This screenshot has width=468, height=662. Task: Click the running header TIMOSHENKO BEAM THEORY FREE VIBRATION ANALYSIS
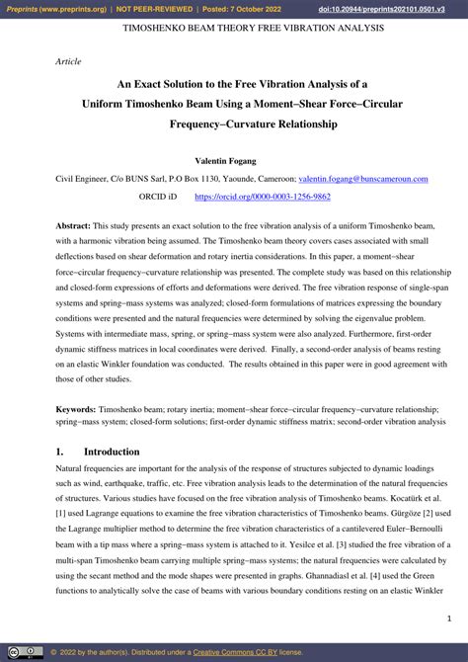[x=253, y=29]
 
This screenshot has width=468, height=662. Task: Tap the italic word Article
[x=68, y=61]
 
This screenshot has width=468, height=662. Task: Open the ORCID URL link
[x=262, y=197]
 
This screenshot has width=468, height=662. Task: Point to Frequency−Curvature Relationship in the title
[x=253, y=124]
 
